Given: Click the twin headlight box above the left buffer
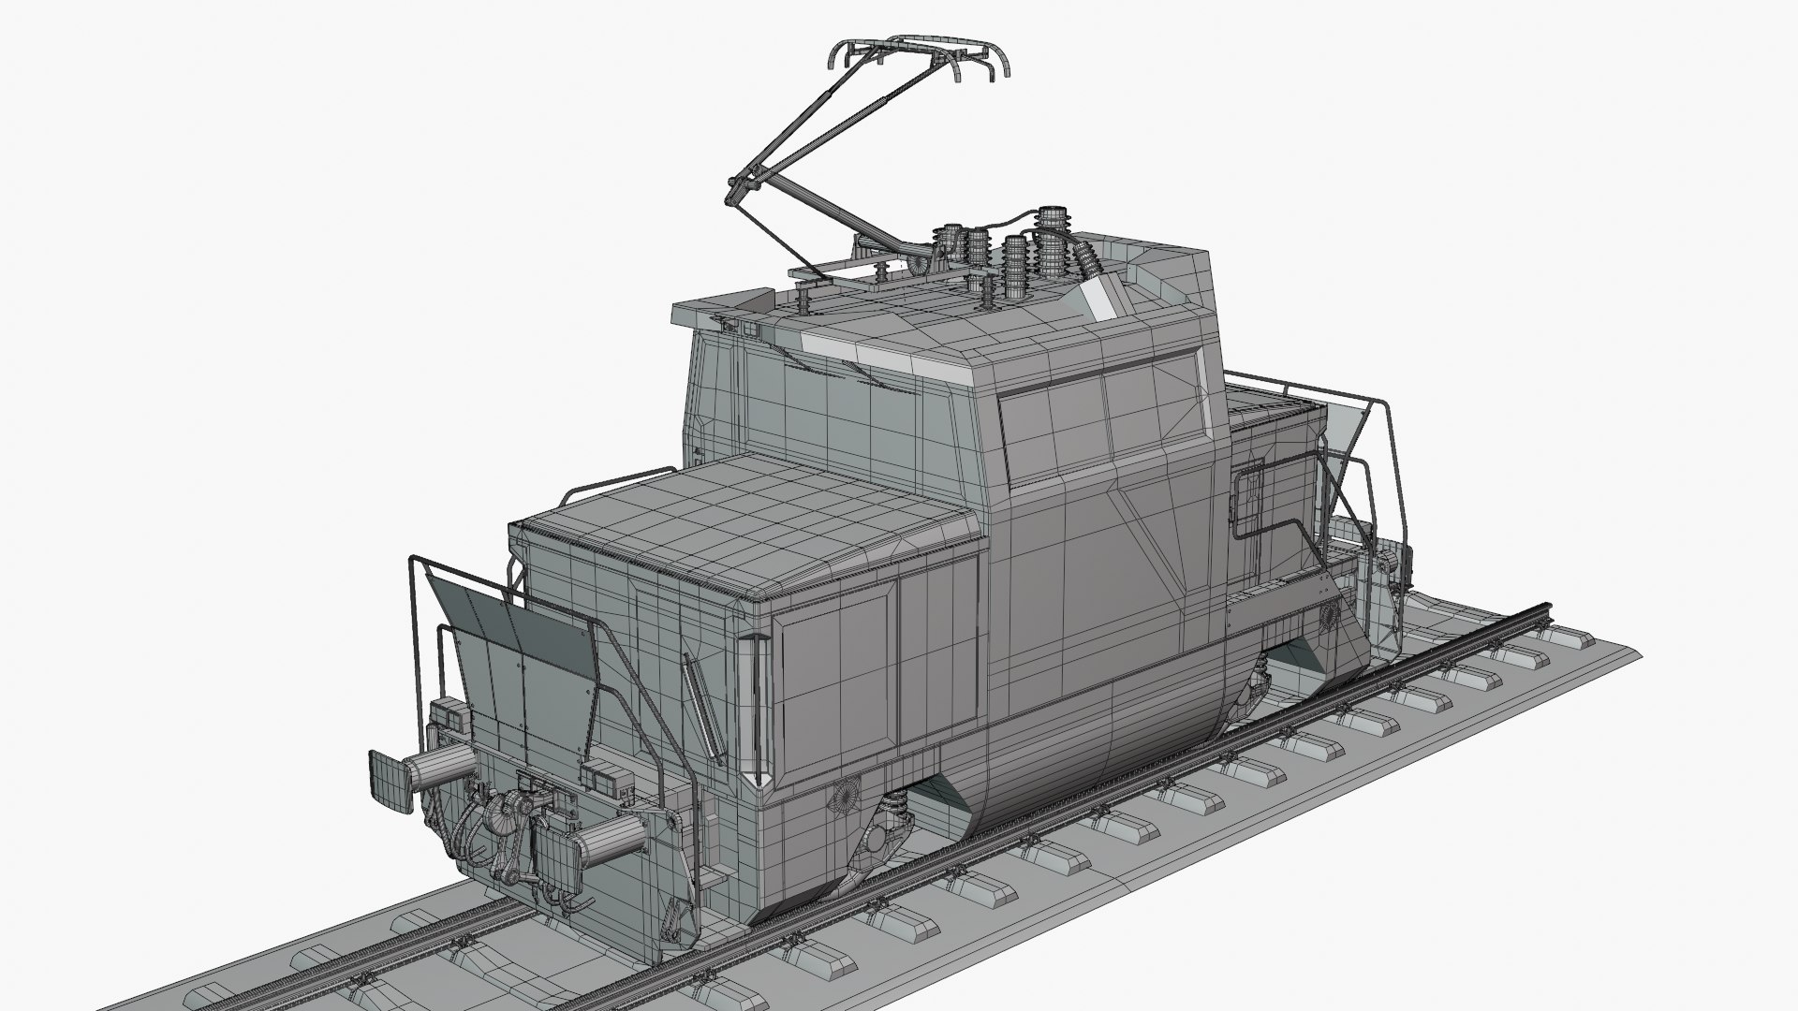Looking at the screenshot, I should [453, 716].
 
